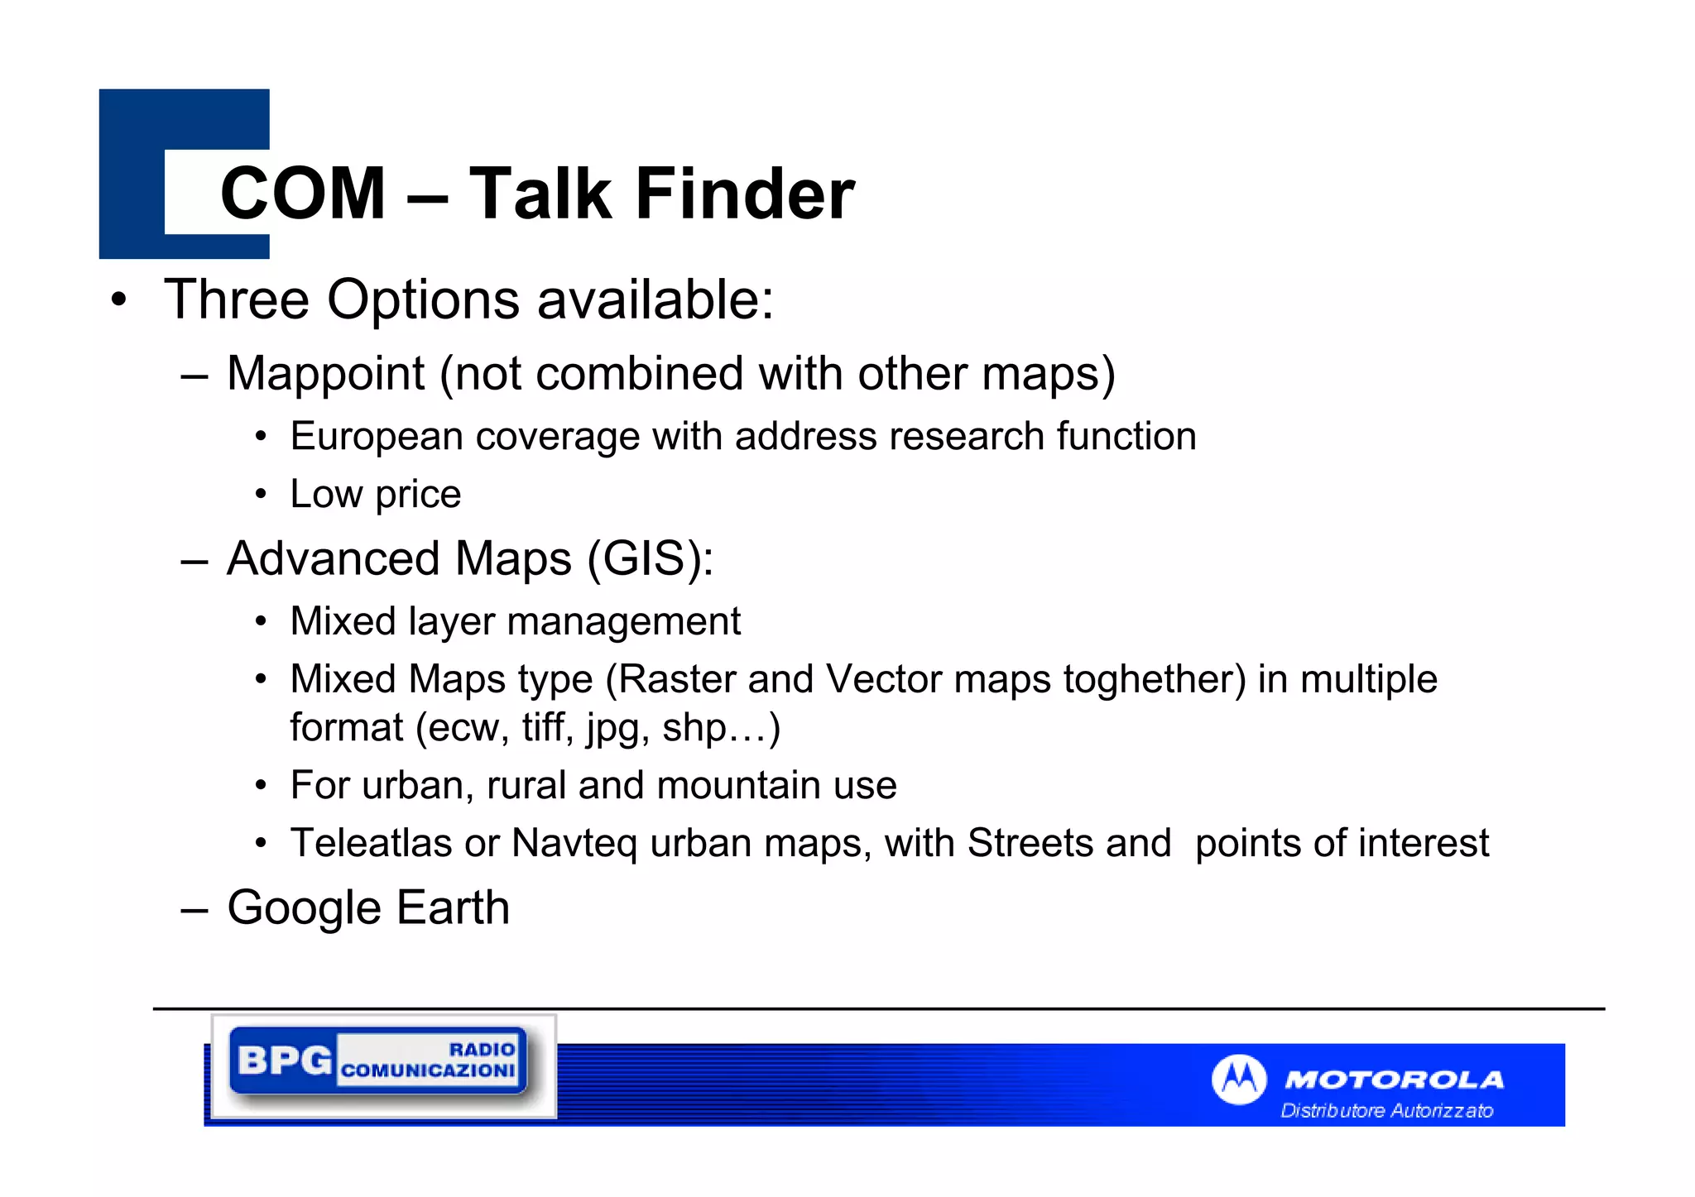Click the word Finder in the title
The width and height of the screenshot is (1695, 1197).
[744, 194]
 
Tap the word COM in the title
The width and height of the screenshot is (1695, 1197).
[303, 194]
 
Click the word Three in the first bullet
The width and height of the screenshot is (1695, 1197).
[236, 299]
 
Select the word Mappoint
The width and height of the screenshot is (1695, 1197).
[325, 374]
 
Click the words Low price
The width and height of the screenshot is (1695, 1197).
[375, 495]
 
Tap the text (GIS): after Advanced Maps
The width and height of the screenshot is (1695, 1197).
[650, 559]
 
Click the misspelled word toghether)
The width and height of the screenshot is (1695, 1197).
[1154, 680]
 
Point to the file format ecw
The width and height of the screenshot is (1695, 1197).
[464, 729]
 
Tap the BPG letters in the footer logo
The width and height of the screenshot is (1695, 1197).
[284, 1061]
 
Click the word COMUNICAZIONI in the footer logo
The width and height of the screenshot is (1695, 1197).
[428, 1070]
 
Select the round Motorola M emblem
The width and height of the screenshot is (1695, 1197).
[1238, 1079]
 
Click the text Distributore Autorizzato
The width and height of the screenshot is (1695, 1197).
[1386, 1111]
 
